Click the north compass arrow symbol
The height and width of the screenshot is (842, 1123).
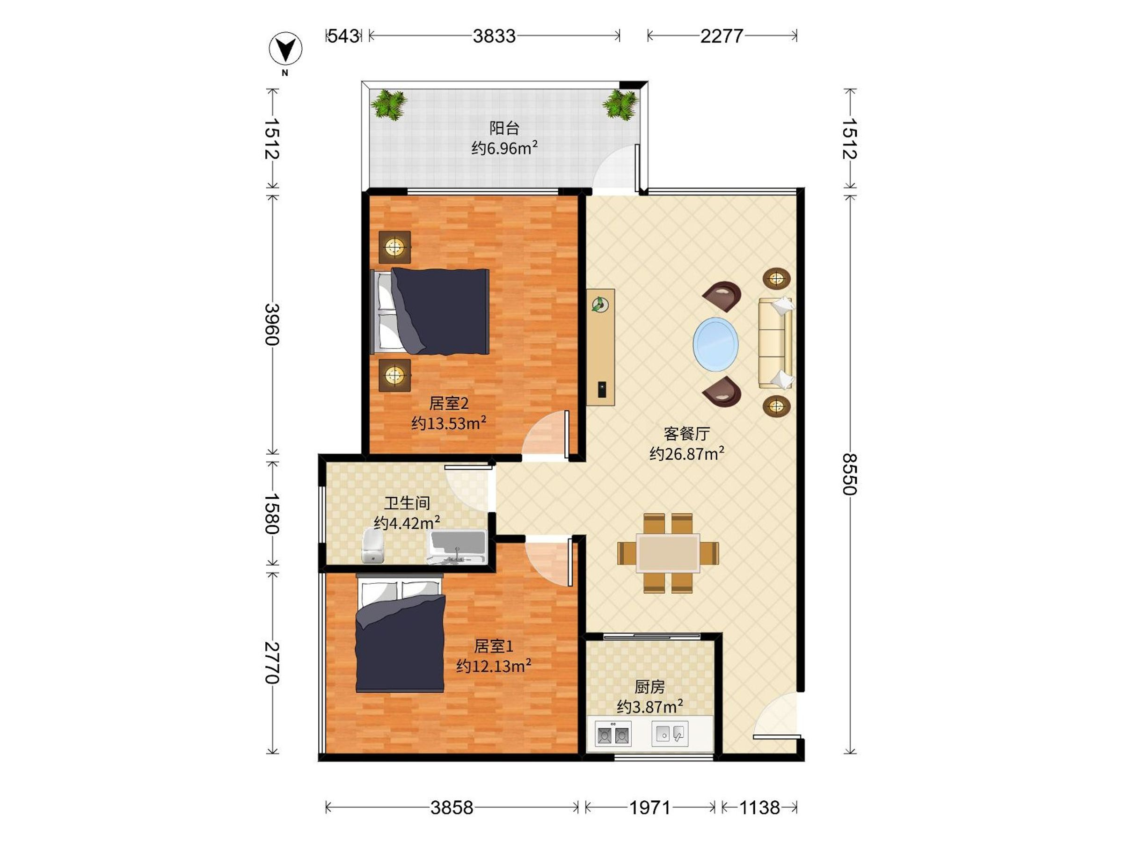[285, 50]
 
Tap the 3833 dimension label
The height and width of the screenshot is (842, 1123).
[494, 36]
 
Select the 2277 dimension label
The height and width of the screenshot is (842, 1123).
[722, 36]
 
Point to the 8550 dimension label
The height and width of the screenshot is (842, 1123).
[849, 474]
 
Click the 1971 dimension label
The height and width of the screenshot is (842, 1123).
[650, 807]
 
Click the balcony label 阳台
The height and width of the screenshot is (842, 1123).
[504, 128]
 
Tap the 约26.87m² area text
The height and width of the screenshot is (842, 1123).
[687, 453]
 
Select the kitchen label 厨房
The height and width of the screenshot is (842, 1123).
[649, 687]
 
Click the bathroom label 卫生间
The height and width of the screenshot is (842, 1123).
[407, 503]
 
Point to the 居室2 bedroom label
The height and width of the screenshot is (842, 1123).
[449, 404]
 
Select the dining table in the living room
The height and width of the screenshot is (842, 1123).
[668, 553]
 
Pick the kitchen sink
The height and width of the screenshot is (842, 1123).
[670, 733]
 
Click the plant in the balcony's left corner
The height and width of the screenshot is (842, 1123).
[389, 105]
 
